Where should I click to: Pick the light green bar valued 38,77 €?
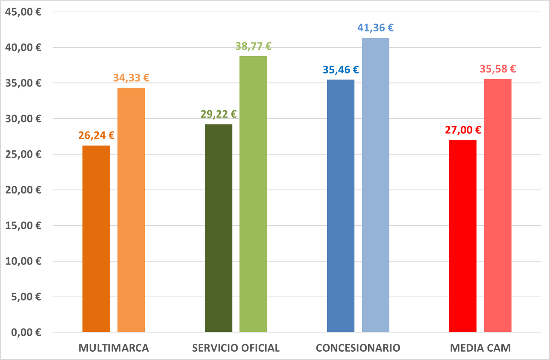[x=253, y=194]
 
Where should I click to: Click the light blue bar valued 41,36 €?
[x=375, y=185]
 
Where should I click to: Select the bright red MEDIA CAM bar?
[x=463, y=236]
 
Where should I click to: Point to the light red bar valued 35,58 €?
[x=497, y=205]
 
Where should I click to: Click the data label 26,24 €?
[x=96, y=135]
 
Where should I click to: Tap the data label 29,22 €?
[x=218, y=114]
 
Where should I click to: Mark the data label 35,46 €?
[x=341, y=69]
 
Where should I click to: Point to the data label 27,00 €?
[x=463, y=130]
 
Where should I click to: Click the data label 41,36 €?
[x=375, y=28]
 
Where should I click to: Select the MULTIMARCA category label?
[x=114, y=348]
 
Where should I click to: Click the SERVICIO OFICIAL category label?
[x=236, y=348]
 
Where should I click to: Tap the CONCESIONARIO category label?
[x=358, y=348]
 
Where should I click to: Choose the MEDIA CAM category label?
[x=480, y=348]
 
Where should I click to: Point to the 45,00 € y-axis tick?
[x=23, y=12]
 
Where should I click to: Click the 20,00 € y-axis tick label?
[x=23, y=190]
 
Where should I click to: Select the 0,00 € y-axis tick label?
[x=26, y=332]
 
